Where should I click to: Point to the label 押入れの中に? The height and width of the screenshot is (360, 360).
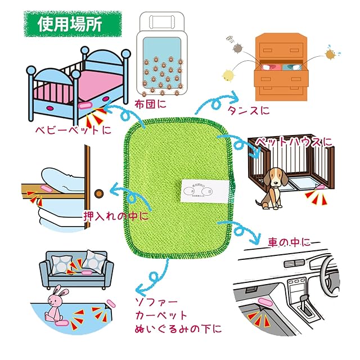point(116,215)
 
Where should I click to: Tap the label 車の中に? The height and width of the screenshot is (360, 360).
point(289,242)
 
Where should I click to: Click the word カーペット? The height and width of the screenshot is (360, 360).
point(161,315)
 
